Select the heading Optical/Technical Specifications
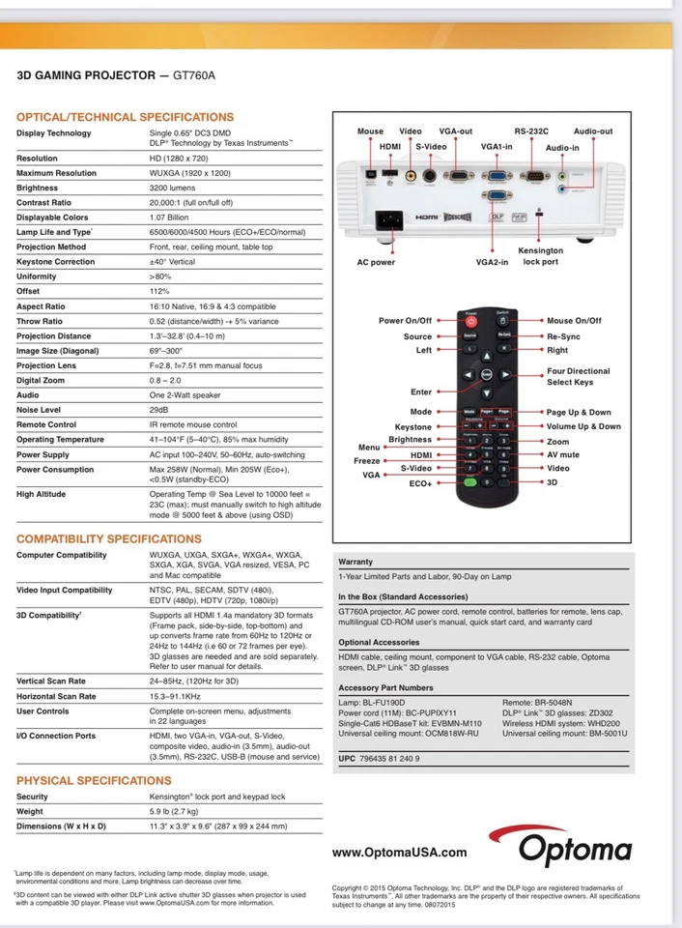coord(125,117)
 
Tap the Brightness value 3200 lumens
coord(178,188)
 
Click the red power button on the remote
coord(471,320)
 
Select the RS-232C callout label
coord(531,131)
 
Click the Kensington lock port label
coord(540,256)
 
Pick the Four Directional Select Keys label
coord(579,376)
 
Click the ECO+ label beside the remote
coord(420,483)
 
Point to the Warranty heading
coord(355,562)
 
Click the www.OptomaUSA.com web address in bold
coord(399,853)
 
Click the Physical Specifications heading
coord(94,780)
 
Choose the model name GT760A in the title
coord(194,74)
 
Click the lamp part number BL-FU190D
coord(384,703)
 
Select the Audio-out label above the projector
coord(593,131)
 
